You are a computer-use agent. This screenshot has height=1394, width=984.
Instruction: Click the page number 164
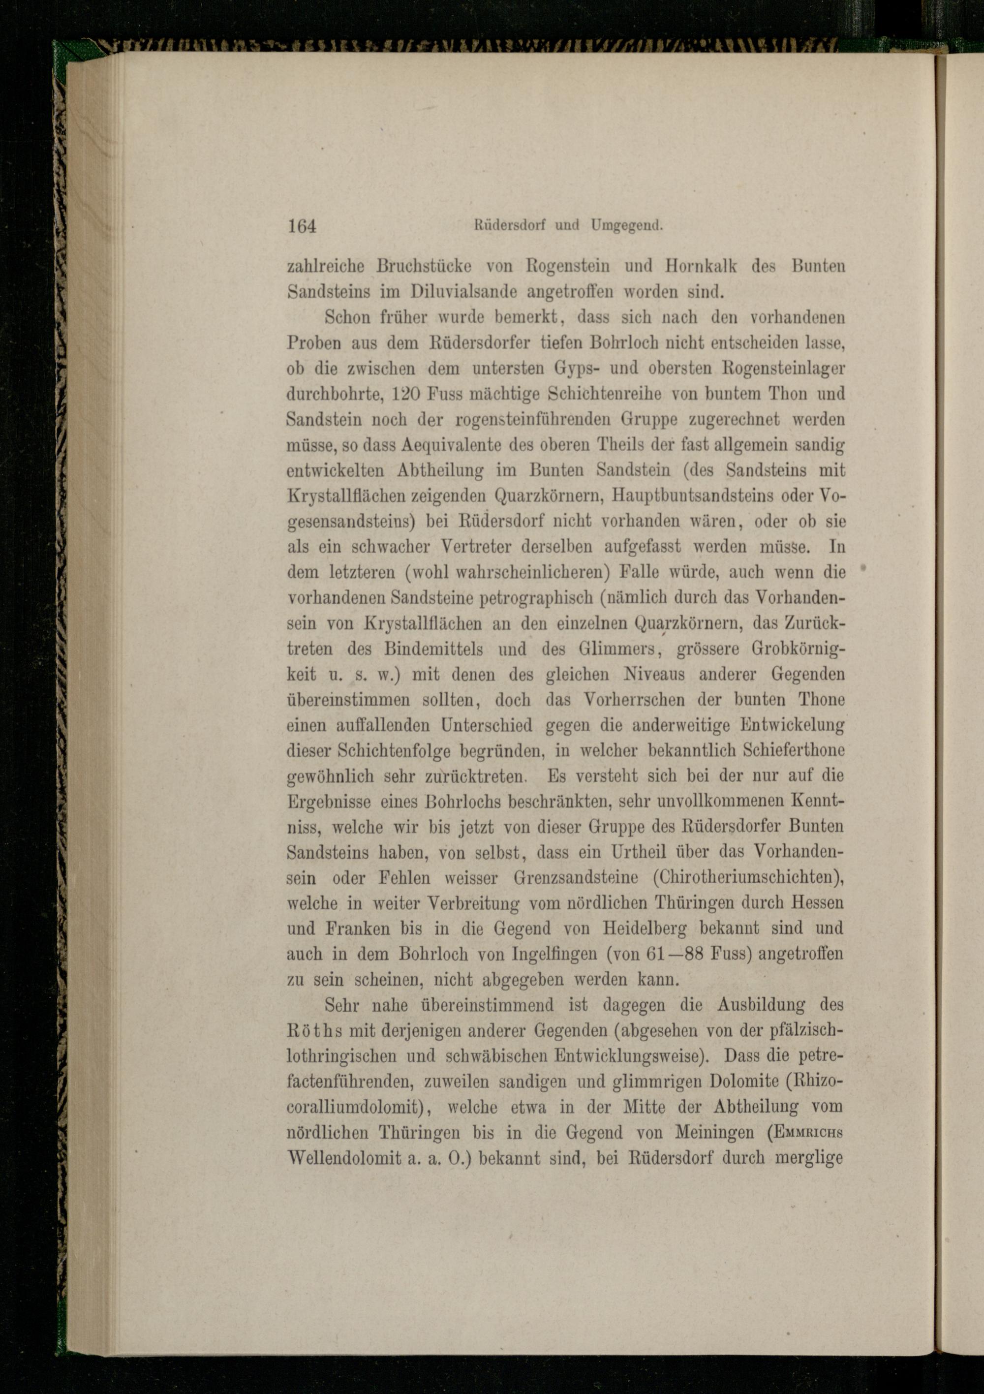[302, 226]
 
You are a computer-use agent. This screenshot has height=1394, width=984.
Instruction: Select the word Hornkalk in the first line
[701, 267]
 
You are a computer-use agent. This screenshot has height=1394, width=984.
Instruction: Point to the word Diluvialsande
[463, 292]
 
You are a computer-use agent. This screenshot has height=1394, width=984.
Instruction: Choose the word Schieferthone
[794, 750]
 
